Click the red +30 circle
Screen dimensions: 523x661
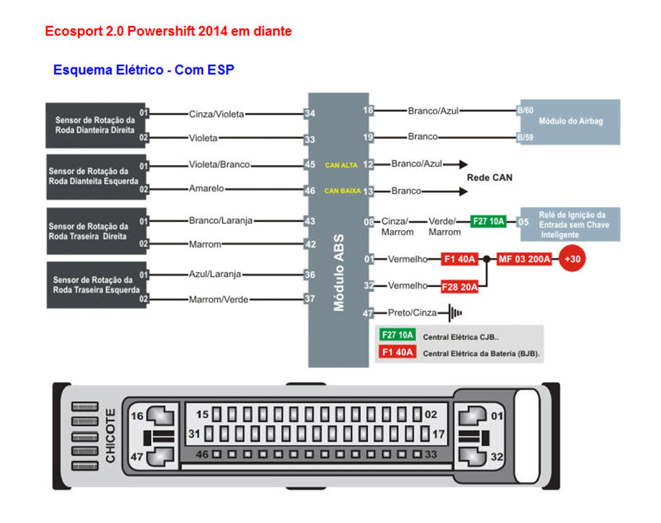(x=572, y=259)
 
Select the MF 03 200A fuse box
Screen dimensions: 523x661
(x=524, y=259)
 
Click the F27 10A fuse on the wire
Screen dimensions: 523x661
(x=488, y=220)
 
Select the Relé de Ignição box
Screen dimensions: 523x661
(x=569, y=224)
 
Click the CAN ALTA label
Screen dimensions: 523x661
(x=341, y=165)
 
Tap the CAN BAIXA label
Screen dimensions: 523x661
(x=342, y=190)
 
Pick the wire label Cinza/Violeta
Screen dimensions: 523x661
(x=216, y=113)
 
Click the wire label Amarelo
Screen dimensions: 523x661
(x=207, y=189)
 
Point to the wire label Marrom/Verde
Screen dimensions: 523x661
(x=218, y=300)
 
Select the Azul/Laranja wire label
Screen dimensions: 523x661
(x=215, y=274)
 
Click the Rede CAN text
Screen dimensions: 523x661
(x=490, y=178)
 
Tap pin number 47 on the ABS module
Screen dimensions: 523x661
(x=368, y=314)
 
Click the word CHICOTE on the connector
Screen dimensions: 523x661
(x=110, y=435)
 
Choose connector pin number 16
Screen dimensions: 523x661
(x=138, y=416)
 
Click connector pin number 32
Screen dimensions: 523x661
(x=497, y=457)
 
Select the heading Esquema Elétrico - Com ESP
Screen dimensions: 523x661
(x=143, y=69)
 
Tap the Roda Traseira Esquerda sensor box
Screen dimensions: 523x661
(x=96, y=284)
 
